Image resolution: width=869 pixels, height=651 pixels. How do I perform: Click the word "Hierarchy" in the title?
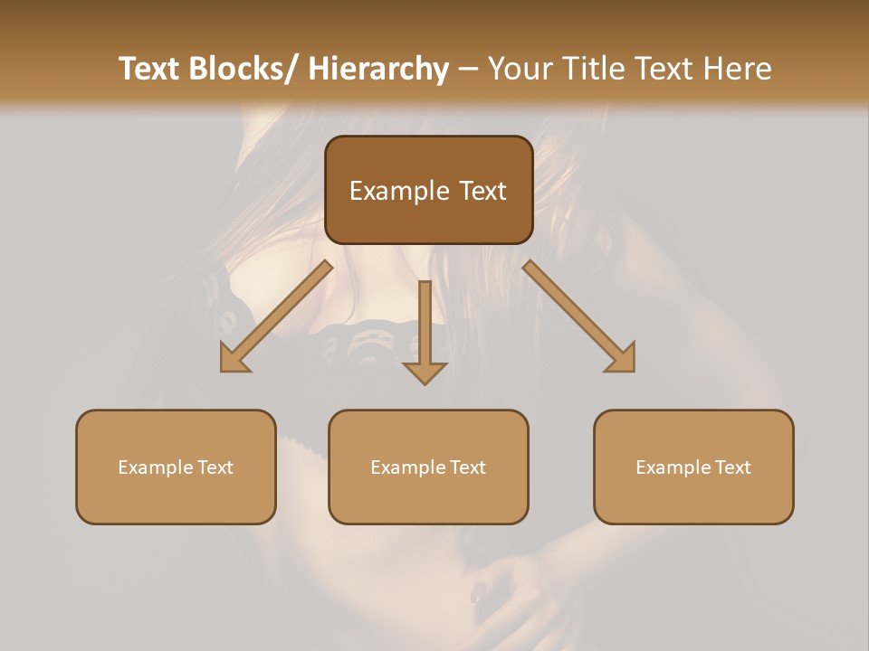click(378, 69)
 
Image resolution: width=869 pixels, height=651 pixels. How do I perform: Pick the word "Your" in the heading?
click(520, 69)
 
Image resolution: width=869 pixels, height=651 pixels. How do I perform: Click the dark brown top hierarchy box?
click(428, 190)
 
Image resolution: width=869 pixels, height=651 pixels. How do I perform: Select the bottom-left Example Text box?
click(176, 467)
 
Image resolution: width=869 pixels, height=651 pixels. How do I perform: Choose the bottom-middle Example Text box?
click(428, 467)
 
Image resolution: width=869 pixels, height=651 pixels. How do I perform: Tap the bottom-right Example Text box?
click(693, 467)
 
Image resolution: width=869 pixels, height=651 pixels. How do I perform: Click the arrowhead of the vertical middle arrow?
click(425, 371)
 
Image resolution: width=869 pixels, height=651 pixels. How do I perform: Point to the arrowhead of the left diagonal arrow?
click(234, 358)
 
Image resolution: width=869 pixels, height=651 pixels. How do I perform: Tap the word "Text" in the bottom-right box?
click(733, 467)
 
